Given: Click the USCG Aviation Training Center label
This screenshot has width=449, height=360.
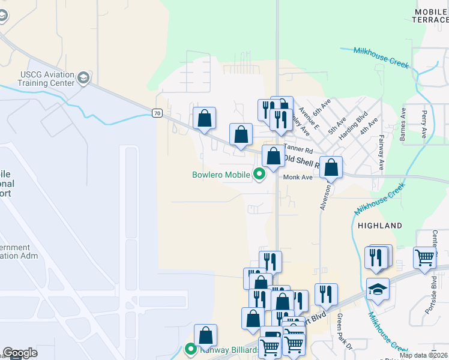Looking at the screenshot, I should pos(37,79).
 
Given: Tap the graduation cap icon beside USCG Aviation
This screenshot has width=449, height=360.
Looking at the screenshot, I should pos(83,78).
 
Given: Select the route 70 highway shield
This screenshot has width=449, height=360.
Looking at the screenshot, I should pos(157,113).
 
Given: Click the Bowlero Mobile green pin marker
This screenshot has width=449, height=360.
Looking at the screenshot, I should pos(259,175).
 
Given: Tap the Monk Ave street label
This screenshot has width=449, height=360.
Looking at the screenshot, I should pos(298,177).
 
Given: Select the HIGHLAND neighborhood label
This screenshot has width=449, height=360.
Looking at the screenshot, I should pos(379,226).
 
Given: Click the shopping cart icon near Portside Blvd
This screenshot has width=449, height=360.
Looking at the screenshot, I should pos(424,258).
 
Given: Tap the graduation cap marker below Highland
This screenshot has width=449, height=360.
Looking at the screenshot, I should pos(377,289).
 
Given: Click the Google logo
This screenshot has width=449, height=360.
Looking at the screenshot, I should pos(20,353).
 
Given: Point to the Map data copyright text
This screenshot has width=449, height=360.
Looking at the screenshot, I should pos(423,355).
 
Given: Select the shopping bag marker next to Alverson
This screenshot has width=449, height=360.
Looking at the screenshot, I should pos(331,168).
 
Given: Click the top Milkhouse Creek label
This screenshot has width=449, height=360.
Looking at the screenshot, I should pos(381,58).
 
